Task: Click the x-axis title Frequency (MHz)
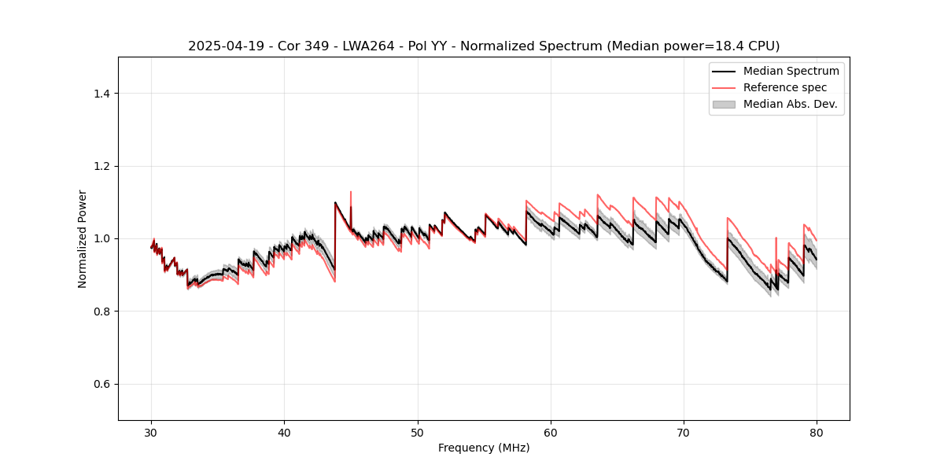484,448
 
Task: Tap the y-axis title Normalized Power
83,238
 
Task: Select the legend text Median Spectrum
791,71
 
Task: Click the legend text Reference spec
785,87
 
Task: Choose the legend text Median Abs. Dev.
791,104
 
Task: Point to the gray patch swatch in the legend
724,104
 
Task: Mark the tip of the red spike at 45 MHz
351,191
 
